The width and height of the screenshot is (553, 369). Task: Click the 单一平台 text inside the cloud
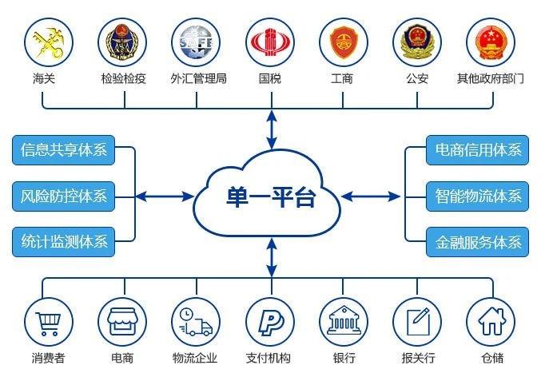click(x=270, y=197)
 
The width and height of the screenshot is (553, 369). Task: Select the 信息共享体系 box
click(x=63, y=150)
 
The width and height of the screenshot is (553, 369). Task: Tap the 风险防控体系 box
click(x=63, y=196)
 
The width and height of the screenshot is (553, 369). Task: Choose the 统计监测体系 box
click(x=63, y=242)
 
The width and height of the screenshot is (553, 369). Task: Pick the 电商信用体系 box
click(x=478, y=150)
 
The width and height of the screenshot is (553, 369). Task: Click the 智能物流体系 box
click(x=478, y=196)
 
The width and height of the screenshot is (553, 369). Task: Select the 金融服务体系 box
click(x=478, y=242)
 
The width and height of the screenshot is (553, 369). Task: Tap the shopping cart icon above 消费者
click(x=48, y=323)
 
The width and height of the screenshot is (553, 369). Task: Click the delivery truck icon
click(x=195, y=322)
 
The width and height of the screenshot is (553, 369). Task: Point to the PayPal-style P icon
click(x=270, y=322)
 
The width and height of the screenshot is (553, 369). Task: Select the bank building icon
click(x=344, y=321)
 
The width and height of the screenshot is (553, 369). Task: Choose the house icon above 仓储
click(x=491, y=321)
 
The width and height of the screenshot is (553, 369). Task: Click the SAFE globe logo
click(x=196, y=42)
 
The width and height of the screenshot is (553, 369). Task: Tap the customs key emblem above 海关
click(x=48, y=43)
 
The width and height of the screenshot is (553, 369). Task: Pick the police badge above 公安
click(x=417, y=42)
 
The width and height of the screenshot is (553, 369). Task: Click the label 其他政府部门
click(x=491, y=78)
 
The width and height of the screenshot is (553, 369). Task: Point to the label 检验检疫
click(x=123, y=78)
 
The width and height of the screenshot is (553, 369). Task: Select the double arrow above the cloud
click(x=272, y=129)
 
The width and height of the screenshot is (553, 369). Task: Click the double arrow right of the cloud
click(x=371, y=196)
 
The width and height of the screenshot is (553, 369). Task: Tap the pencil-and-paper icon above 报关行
click(x=418, y=321)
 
